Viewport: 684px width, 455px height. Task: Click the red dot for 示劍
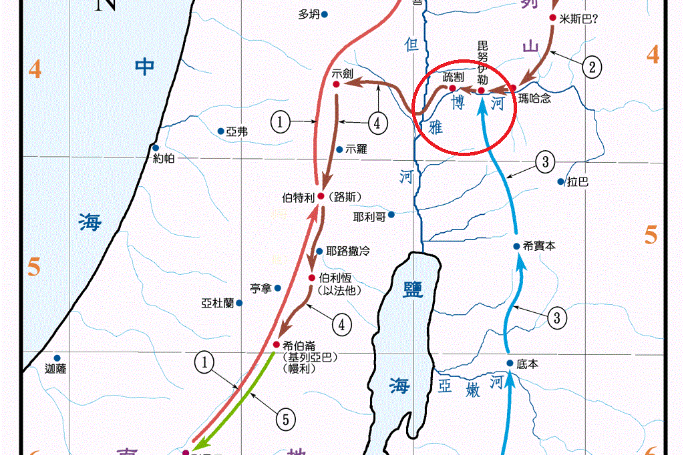pyautogui.click(x=336, y=85)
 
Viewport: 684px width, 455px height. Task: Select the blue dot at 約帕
pyautogui.click(x=155, y=148)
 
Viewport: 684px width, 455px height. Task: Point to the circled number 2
pyautogui.click(x=592, y=66)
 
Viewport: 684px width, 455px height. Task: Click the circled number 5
pyautogui.click(x=285, y=420)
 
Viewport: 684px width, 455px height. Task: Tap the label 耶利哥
pyautogui.click(x=369, y=217)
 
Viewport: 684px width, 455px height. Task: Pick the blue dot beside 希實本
pyautogui.click(x=516, y=246)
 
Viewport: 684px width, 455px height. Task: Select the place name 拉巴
pyautogui.click(x=578, y=182)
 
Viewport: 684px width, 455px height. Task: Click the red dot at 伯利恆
pyautogui.click(x=312, y=278)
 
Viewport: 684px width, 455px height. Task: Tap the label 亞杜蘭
pyautogui.click(x=217, y=303)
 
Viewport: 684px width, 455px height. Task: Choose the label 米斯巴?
pyautogui.click(x=578, y=19)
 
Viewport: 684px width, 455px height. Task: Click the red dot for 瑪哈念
pyautogui.click(x=513, y=88)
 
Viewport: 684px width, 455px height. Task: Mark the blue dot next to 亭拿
pyautogui.click(x=278, y=288)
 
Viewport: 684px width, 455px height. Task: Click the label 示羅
pyautogui.click(x=357, y=149)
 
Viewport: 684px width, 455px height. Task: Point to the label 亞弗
pyautogui.click(x=237, y=132)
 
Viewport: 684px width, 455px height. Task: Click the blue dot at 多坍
pyautogui.click(x=325, y=13)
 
